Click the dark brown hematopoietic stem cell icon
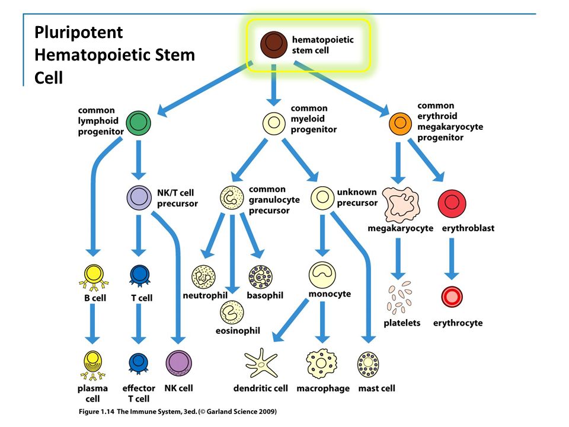click(274, 44)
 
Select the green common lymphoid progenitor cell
click(138, 123)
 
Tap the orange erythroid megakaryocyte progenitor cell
click(400, 123)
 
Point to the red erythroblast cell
click(452, 203)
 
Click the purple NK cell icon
click(178, 363)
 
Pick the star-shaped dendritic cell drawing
click(261, 364)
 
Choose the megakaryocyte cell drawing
click(401, 205)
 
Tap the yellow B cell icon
click(94, 277)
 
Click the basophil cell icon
click(260, 277)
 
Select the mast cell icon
click(368, 365)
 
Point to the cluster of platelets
click(399, 297)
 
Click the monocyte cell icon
click(322, 275)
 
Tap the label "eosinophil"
click(238, 330)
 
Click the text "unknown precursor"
click(357, 197)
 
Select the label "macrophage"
click(323, 388)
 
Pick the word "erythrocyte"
click(458, 323)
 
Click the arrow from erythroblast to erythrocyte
click(452, 259)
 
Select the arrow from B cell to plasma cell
click(92, 324)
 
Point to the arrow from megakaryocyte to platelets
click(398, 259)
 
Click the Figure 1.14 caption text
click(178, 412)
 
